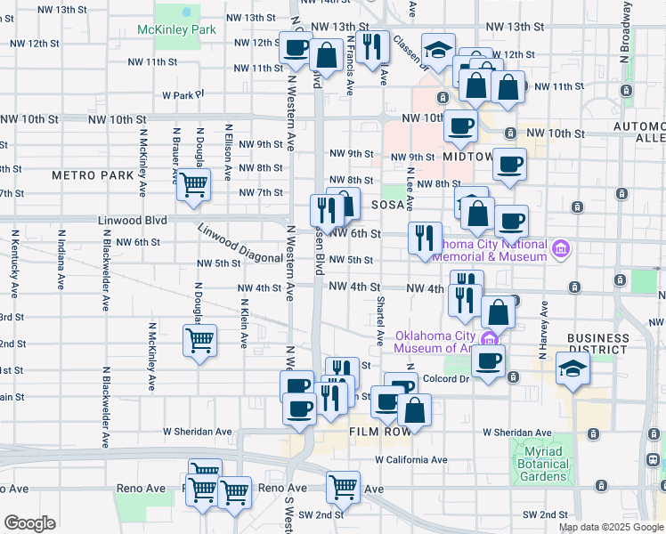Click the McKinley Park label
coord(177,29)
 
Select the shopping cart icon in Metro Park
coord(193,184)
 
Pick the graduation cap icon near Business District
coord(573,368)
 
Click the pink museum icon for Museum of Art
coord(489,338)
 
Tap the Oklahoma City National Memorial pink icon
coord(559,247)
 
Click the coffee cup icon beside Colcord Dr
coord(488,361)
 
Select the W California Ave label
coord(410,460)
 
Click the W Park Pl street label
coord(183,93)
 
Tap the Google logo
coord(29,523)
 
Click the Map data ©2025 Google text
coord(610,527)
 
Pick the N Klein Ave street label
coord(243,321)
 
